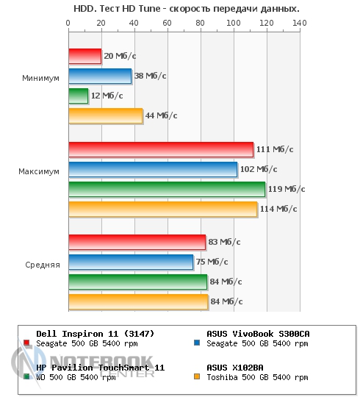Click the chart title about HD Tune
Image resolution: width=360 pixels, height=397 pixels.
point(187,9)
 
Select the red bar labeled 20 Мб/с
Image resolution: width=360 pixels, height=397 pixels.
point(85,56)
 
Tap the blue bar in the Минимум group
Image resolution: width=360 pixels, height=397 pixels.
point(100,76)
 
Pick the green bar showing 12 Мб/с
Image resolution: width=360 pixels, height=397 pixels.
point(79,96)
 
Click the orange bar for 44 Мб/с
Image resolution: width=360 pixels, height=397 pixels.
point(106,115)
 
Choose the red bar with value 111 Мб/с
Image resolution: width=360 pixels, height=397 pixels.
point(161,149)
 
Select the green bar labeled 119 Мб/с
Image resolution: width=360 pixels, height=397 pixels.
point(167,189)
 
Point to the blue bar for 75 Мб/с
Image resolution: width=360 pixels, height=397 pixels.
point(131,262)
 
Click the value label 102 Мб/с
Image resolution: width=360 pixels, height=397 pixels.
point(259,169)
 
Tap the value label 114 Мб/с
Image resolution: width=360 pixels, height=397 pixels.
point(278,209)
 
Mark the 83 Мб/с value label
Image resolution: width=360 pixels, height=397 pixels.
point(224,242)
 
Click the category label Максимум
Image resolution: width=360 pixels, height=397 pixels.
point(39,171)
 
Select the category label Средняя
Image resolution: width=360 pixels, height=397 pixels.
point(43,265)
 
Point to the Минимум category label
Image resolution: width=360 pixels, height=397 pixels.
point(40,78)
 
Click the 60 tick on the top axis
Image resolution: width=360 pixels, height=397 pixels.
point(167,23)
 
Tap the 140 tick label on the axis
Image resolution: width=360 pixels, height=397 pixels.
point(300,23)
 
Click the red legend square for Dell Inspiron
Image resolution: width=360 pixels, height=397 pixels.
point(26,343)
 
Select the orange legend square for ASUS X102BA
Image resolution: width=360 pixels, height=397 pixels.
point(197,376)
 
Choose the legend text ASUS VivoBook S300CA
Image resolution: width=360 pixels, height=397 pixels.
point(258,334)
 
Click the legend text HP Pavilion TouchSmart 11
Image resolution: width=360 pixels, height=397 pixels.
point(101,368)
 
